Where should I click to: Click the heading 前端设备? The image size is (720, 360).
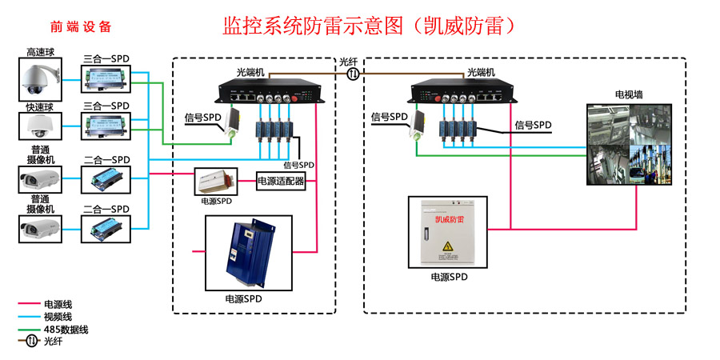pos(81,26)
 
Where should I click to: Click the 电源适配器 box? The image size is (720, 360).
pos(281,181)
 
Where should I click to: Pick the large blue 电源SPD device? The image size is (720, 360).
pos(248,252)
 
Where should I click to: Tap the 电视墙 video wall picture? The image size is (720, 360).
pos(629,145)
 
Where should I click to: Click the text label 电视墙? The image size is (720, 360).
pos(628,94)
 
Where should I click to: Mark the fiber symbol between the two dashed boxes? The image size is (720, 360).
pos(353,74)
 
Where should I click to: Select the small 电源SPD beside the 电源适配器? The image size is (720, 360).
pos(215,182)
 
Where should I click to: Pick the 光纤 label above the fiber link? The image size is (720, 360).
pos(349,62)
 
